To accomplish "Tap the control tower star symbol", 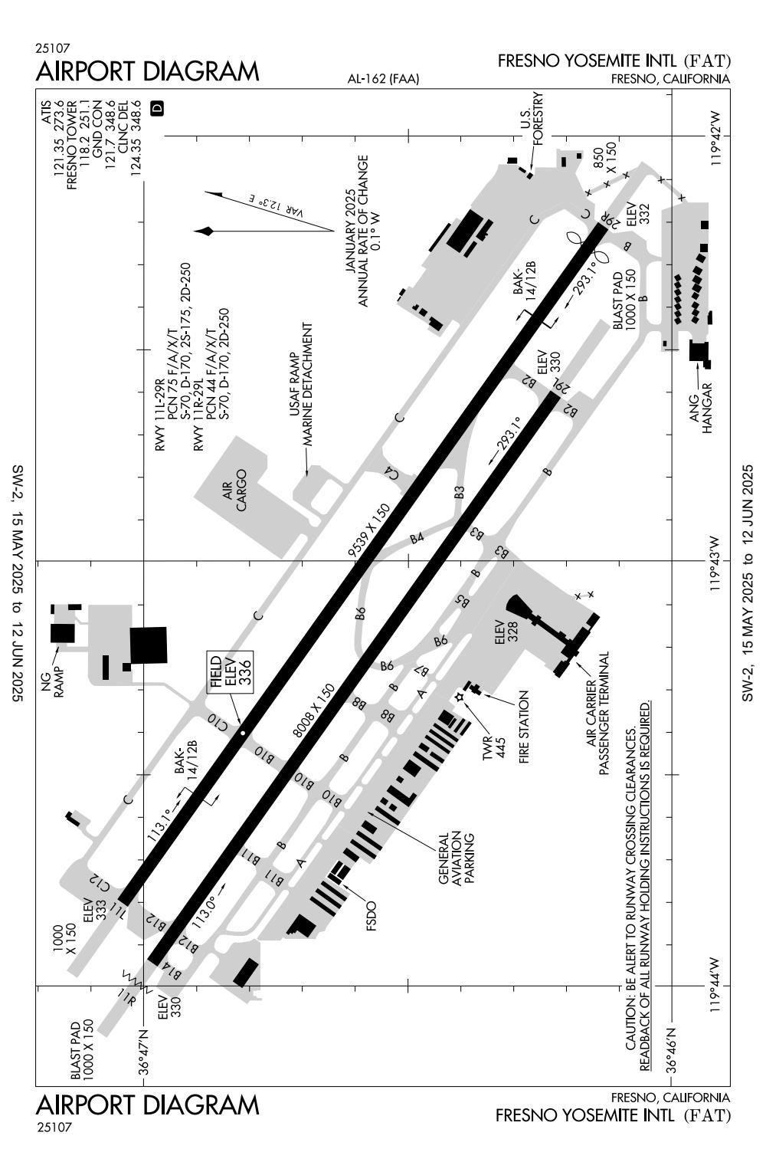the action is tap(460, 697).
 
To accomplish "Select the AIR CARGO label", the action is tap(234, 491).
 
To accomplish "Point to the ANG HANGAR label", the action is tap(700, 408).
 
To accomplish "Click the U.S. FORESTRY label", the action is tap(531, 119).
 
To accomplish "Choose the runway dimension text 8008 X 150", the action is tap(313, 711).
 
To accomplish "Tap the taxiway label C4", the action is tap(391, 473).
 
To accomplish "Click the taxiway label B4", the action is tap(417, 538).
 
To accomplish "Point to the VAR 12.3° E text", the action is tap(276, 206).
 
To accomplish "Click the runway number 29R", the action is tap(608, 221).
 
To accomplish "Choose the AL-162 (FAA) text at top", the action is tap(383, 79).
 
